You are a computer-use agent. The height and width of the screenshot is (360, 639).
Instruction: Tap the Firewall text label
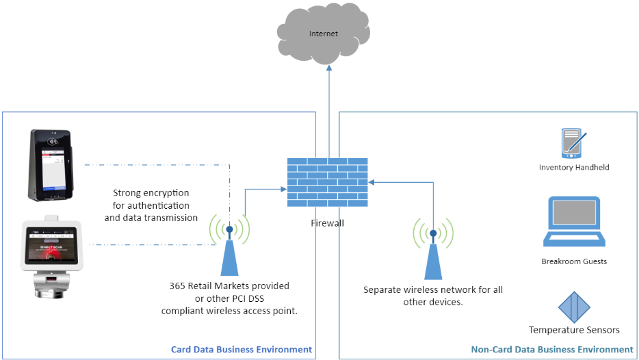point(328,222)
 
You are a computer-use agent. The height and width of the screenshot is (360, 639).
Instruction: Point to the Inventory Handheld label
point(573,167)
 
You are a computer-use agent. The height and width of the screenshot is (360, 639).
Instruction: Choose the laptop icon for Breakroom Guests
point(574,222)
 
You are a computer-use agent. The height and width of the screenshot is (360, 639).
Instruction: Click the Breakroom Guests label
point(574,261)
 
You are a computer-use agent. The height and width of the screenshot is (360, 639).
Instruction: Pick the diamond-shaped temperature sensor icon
point(574,307)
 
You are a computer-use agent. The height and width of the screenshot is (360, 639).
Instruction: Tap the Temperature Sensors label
point(574,330)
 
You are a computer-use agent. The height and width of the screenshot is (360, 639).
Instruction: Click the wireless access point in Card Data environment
point(229,250)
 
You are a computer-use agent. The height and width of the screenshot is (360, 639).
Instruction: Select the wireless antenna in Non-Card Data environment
point(433,253)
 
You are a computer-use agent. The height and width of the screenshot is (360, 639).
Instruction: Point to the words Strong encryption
point(151,193)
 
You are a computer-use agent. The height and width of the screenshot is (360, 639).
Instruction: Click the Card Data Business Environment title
point(241,349)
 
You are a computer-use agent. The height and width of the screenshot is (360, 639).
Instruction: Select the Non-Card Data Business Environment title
point(552,349)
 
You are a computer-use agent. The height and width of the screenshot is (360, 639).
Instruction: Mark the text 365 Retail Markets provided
point(229,285)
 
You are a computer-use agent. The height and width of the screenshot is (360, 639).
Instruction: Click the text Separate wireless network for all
point(432,290)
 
